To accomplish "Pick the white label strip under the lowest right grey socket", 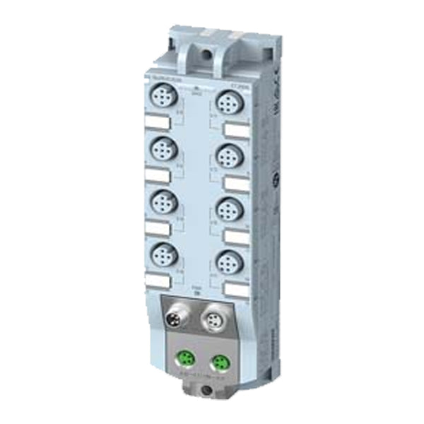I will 238,289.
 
